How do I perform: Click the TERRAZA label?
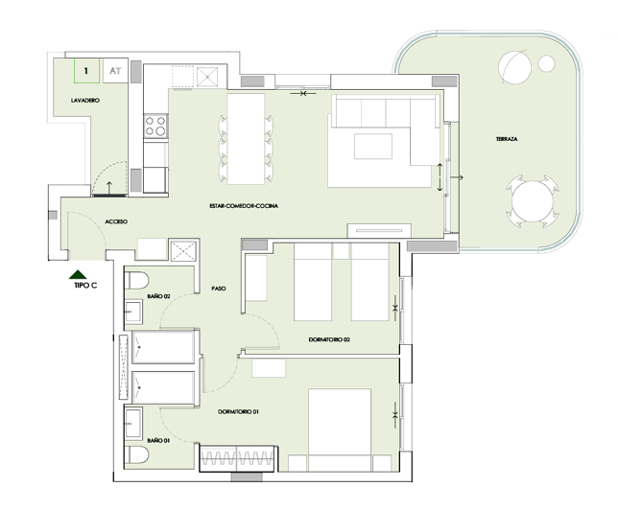coord(507,139)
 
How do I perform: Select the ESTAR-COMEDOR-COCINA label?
coord(244,205)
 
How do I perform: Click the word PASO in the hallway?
coord(218,287)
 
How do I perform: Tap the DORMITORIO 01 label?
coord(239,411)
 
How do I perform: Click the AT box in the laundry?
coord(115,71)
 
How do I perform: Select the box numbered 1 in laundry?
coord(86,71)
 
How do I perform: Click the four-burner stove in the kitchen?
coord(155,125)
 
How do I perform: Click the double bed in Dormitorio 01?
coord(338,429)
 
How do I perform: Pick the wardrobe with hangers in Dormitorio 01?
coord(236,458)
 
